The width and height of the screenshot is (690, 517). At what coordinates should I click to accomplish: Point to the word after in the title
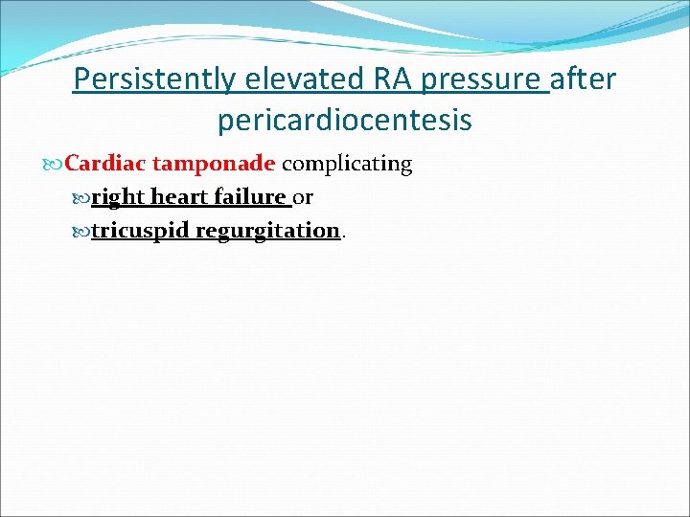(x=585, y=79)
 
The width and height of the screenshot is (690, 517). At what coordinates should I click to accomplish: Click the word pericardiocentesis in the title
(x=344, y=121)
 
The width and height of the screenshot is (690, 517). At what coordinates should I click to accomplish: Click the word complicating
(x=347, y=165)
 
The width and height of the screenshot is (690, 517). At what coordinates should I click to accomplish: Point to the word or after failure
(x=304, y=198)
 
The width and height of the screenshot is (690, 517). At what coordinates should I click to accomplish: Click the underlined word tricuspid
(x=141, y=232)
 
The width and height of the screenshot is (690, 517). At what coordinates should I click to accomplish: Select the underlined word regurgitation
(x=268, y=232)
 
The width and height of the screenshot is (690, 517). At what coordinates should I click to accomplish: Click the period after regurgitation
(x=344, y=236)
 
